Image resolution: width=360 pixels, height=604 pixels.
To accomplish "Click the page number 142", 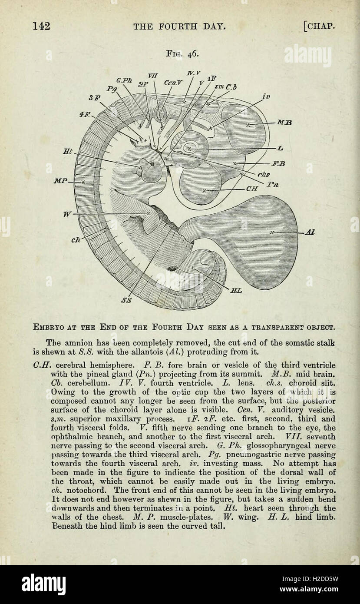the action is coord(42,26).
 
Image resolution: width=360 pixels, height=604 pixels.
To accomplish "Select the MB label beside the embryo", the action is coord(284,123).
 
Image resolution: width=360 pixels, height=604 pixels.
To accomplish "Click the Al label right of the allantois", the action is coord(310,232).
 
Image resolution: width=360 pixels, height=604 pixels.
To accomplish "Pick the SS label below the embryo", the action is coord(127,300).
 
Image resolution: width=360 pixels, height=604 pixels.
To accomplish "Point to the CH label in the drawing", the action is coord(252,189).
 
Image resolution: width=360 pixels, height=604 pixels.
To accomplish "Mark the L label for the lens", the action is coord(280,149).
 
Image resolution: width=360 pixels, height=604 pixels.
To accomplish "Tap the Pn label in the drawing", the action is coord(273,184).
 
